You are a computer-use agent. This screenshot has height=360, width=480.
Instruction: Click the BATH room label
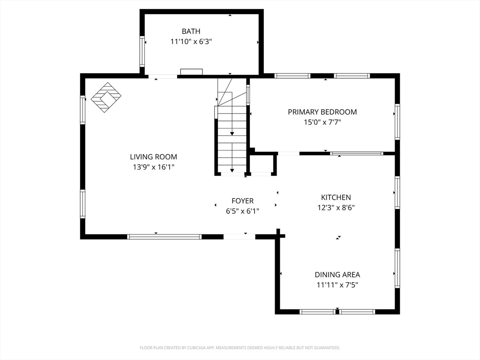tap(191, 31)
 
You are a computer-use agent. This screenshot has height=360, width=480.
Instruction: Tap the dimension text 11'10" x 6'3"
tap(191, 42)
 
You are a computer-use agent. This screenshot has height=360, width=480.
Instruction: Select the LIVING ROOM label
tap(153, 157)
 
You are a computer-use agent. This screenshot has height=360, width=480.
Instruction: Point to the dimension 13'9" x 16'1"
tap(153, 167)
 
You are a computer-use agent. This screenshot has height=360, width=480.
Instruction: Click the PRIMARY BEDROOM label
tap(322, 112)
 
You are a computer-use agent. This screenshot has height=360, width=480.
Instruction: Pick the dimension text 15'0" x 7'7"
tap(322, 122)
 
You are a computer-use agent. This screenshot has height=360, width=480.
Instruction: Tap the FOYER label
tap(242, 201)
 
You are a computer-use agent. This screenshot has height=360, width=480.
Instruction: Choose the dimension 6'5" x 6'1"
tap(242, 211)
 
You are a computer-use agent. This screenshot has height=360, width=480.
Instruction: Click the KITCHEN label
tap(336, 197)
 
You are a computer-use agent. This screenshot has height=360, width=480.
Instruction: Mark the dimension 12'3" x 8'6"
tap(336, 208)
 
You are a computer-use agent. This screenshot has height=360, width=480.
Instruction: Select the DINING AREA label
tap(337, 275)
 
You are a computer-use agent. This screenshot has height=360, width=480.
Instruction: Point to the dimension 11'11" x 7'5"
tap(337, 285)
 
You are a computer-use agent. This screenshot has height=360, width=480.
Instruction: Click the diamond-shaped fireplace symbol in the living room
tap(106, 97)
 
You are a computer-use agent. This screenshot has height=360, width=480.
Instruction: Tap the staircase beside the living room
tap(232, 126)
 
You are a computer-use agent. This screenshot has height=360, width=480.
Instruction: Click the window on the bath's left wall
tap(142, 51)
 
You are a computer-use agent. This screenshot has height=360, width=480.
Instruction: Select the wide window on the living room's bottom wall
tap(165, 237)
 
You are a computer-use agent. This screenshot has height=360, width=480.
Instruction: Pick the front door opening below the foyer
tap(240, 237)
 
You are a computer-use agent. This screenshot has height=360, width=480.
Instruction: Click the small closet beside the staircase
tap(262, 165)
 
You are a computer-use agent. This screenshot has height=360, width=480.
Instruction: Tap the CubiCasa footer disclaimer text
tap(240, 348)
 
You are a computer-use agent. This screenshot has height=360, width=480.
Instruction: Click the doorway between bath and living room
tap(163, 76)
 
